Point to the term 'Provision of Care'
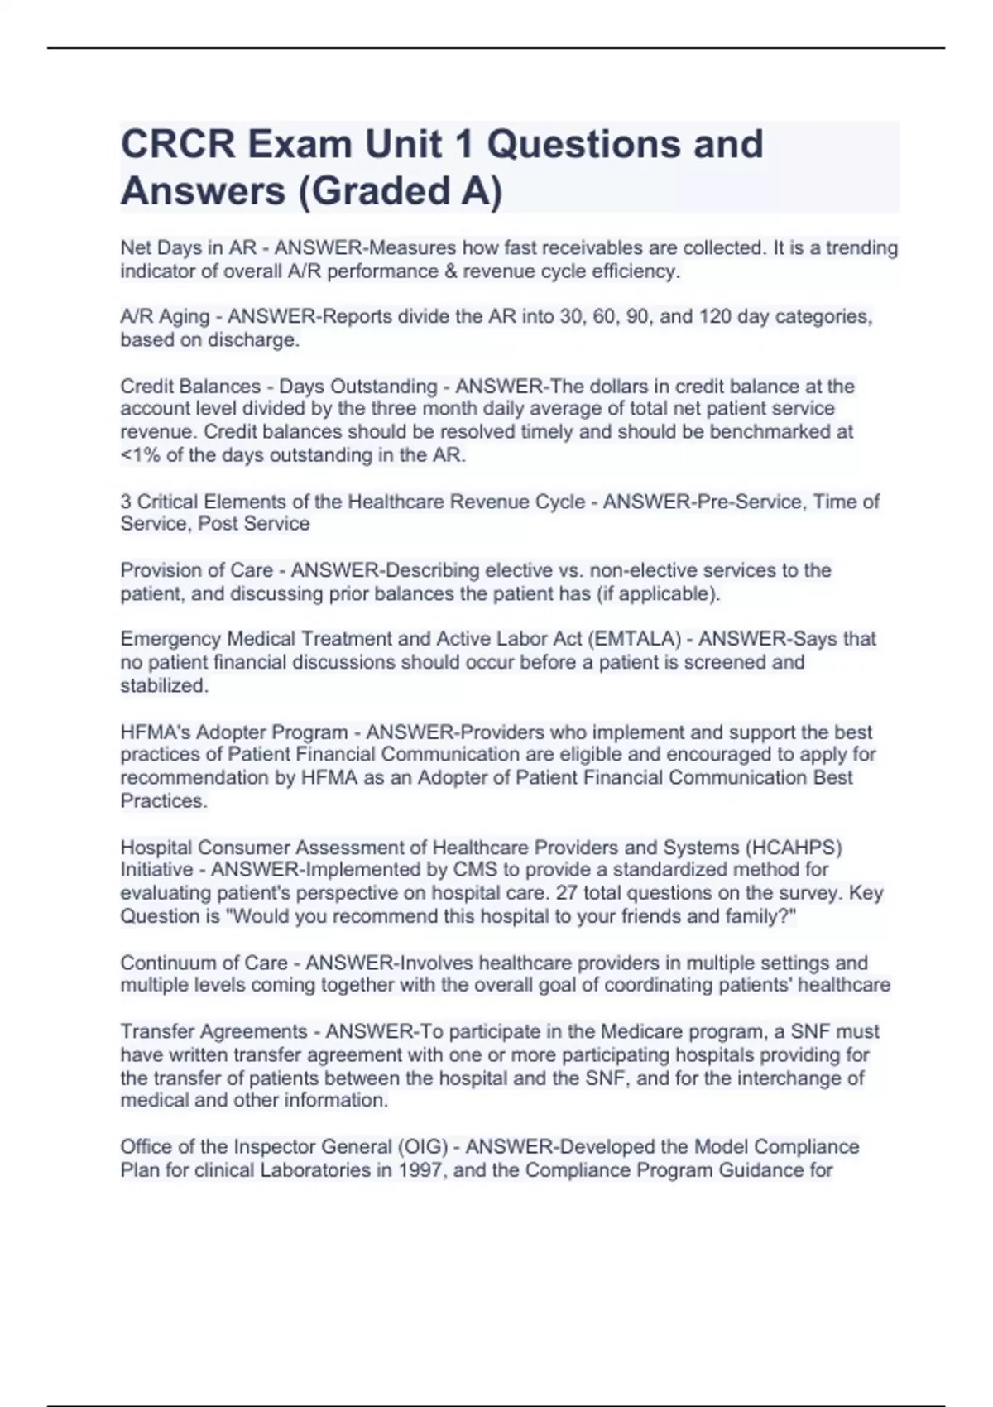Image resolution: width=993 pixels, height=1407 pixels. pyautogui.click(x=197, y=570)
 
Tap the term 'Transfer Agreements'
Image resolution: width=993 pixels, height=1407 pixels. pyautogui.click(x=213, y=1032)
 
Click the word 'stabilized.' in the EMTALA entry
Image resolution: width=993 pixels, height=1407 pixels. pyautogui.click(x=165, y=685)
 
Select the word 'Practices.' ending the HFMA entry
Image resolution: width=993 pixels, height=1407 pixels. pyautogui.click(x=164, y=800)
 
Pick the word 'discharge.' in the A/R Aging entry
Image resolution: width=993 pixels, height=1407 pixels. pyautogui.click(x=258, y=340)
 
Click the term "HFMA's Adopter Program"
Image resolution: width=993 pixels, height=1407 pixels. pyautogui.click(x=234, y=732)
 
